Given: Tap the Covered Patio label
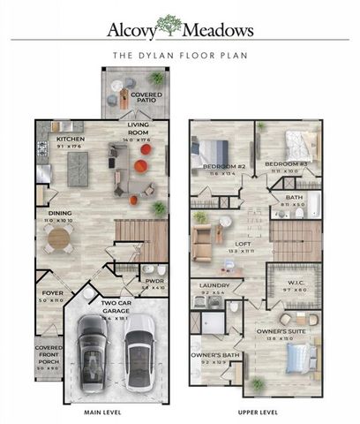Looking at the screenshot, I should tap(146, 95).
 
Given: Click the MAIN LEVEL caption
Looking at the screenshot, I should tap(101, 411).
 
